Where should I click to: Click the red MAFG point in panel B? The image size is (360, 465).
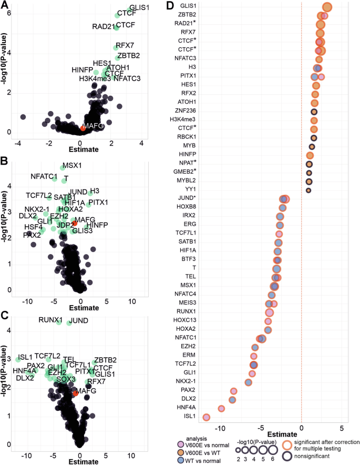point(75,224)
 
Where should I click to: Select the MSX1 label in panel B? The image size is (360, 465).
point(71,166)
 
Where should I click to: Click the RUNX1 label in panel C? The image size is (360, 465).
point(51,320)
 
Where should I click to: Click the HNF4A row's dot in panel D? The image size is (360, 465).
point(221,408)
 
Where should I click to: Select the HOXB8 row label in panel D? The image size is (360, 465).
point(186,207)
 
